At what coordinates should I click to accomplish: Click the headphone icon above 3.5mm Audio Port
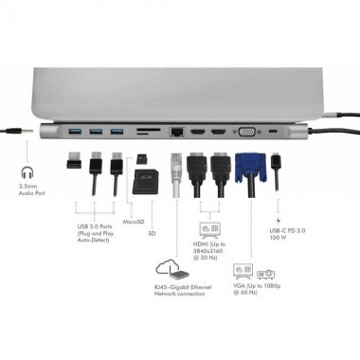27,175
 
